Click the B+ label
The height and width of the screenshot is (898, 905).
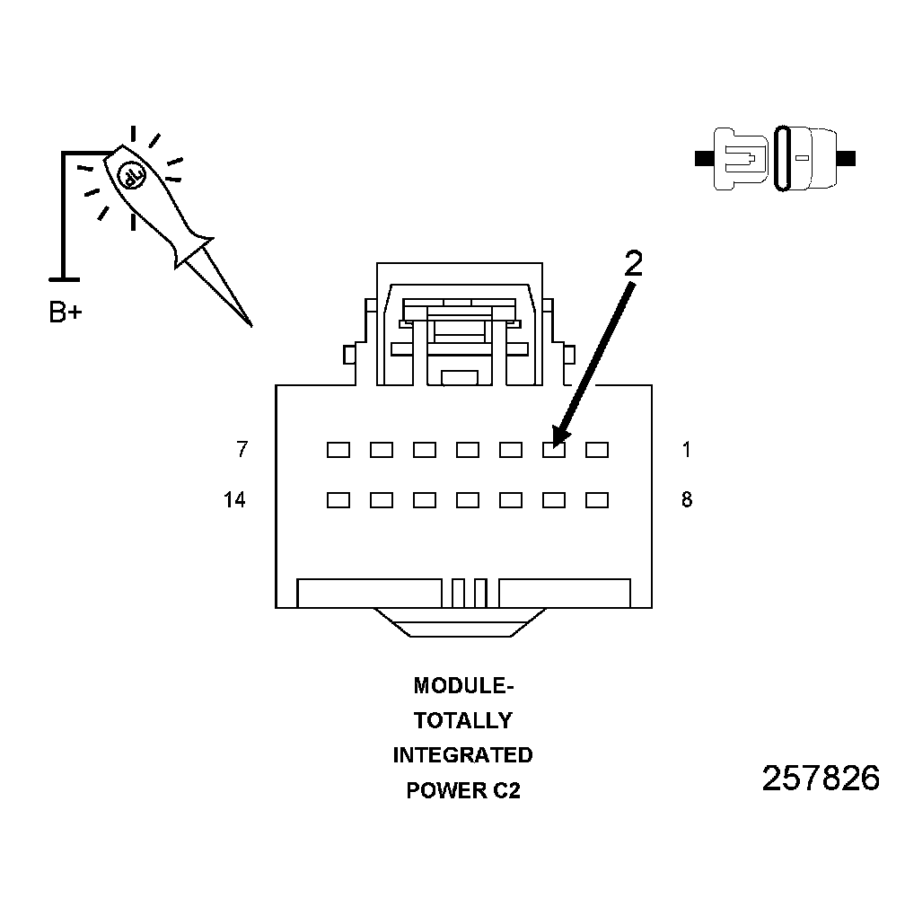(65, 313)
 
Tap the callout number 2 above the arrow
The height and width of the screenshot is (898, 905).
(633, 262)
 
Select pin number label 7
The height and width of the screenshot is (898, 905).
(241, 450)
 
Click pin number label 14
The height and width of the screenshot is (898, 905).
(234, 500)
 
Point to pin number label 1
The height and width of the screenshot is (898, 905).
(687, 450)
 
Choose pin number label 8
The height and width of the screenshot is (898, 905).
(687, 500)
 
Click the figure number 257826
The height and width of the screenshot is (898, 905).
(821, 779)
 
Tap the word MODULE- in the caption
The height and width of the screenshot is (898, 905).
(463, 686)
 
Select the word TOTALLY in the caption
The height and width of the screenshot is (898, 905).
(463, 721)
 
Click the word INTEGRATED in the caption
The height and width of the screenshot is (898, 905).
(463, 755)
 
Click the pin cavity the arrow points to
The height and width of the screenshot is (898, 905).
(554, 450)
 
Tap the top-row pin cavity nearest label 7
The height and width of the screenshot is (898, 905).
(338, 450)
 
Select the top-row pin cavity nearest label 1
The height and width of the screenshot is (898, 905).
(597, 450)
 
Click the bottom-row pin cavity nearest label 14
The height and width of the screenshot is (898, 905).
(338, 500)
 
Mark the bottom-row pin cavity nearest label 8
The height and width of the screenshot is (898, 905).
(597, 500)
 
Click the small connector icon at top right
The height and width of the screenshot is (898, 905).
(775, 159)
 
